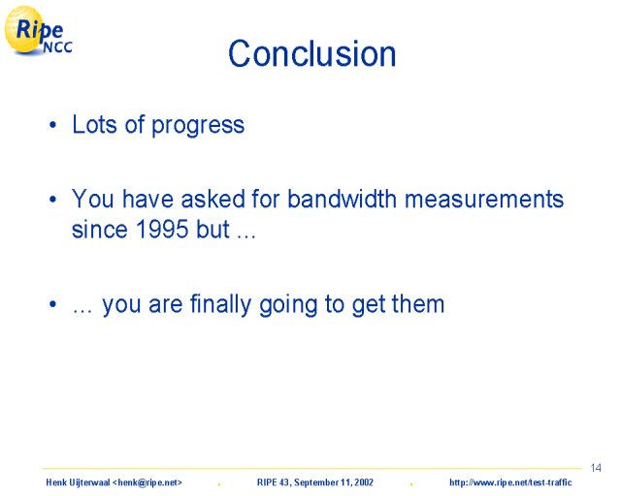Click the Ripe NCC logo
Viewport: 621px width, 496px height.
[38, 30]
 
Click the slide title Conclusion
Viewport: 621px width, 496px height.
[311, 53]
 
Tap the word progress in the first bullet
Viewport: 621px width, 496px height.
[198, 126]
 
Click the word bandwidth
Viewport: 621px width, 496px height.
[342, 199]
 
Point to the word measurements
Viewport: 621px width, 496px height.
[484, 199]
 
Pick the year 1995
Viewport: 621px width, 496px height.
[162, 229]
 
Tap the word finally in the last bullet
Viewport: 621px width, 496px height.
[220, 304]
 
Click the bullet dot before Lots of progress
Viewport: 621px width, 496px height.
[52, 125]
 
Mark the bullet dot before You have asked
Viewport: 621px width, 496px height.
[52, 200]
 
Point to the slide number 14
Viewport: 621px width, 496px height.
[596, 468]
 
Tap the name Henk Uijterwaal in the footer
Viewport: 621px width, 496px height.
[78, 482]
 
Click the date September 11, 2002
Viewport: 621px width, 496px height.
[334, 482]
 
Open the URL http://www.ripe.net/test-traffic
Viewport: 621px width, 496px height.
[510, 482]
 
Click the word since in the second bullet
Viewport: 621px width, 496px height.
[99, 230]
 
